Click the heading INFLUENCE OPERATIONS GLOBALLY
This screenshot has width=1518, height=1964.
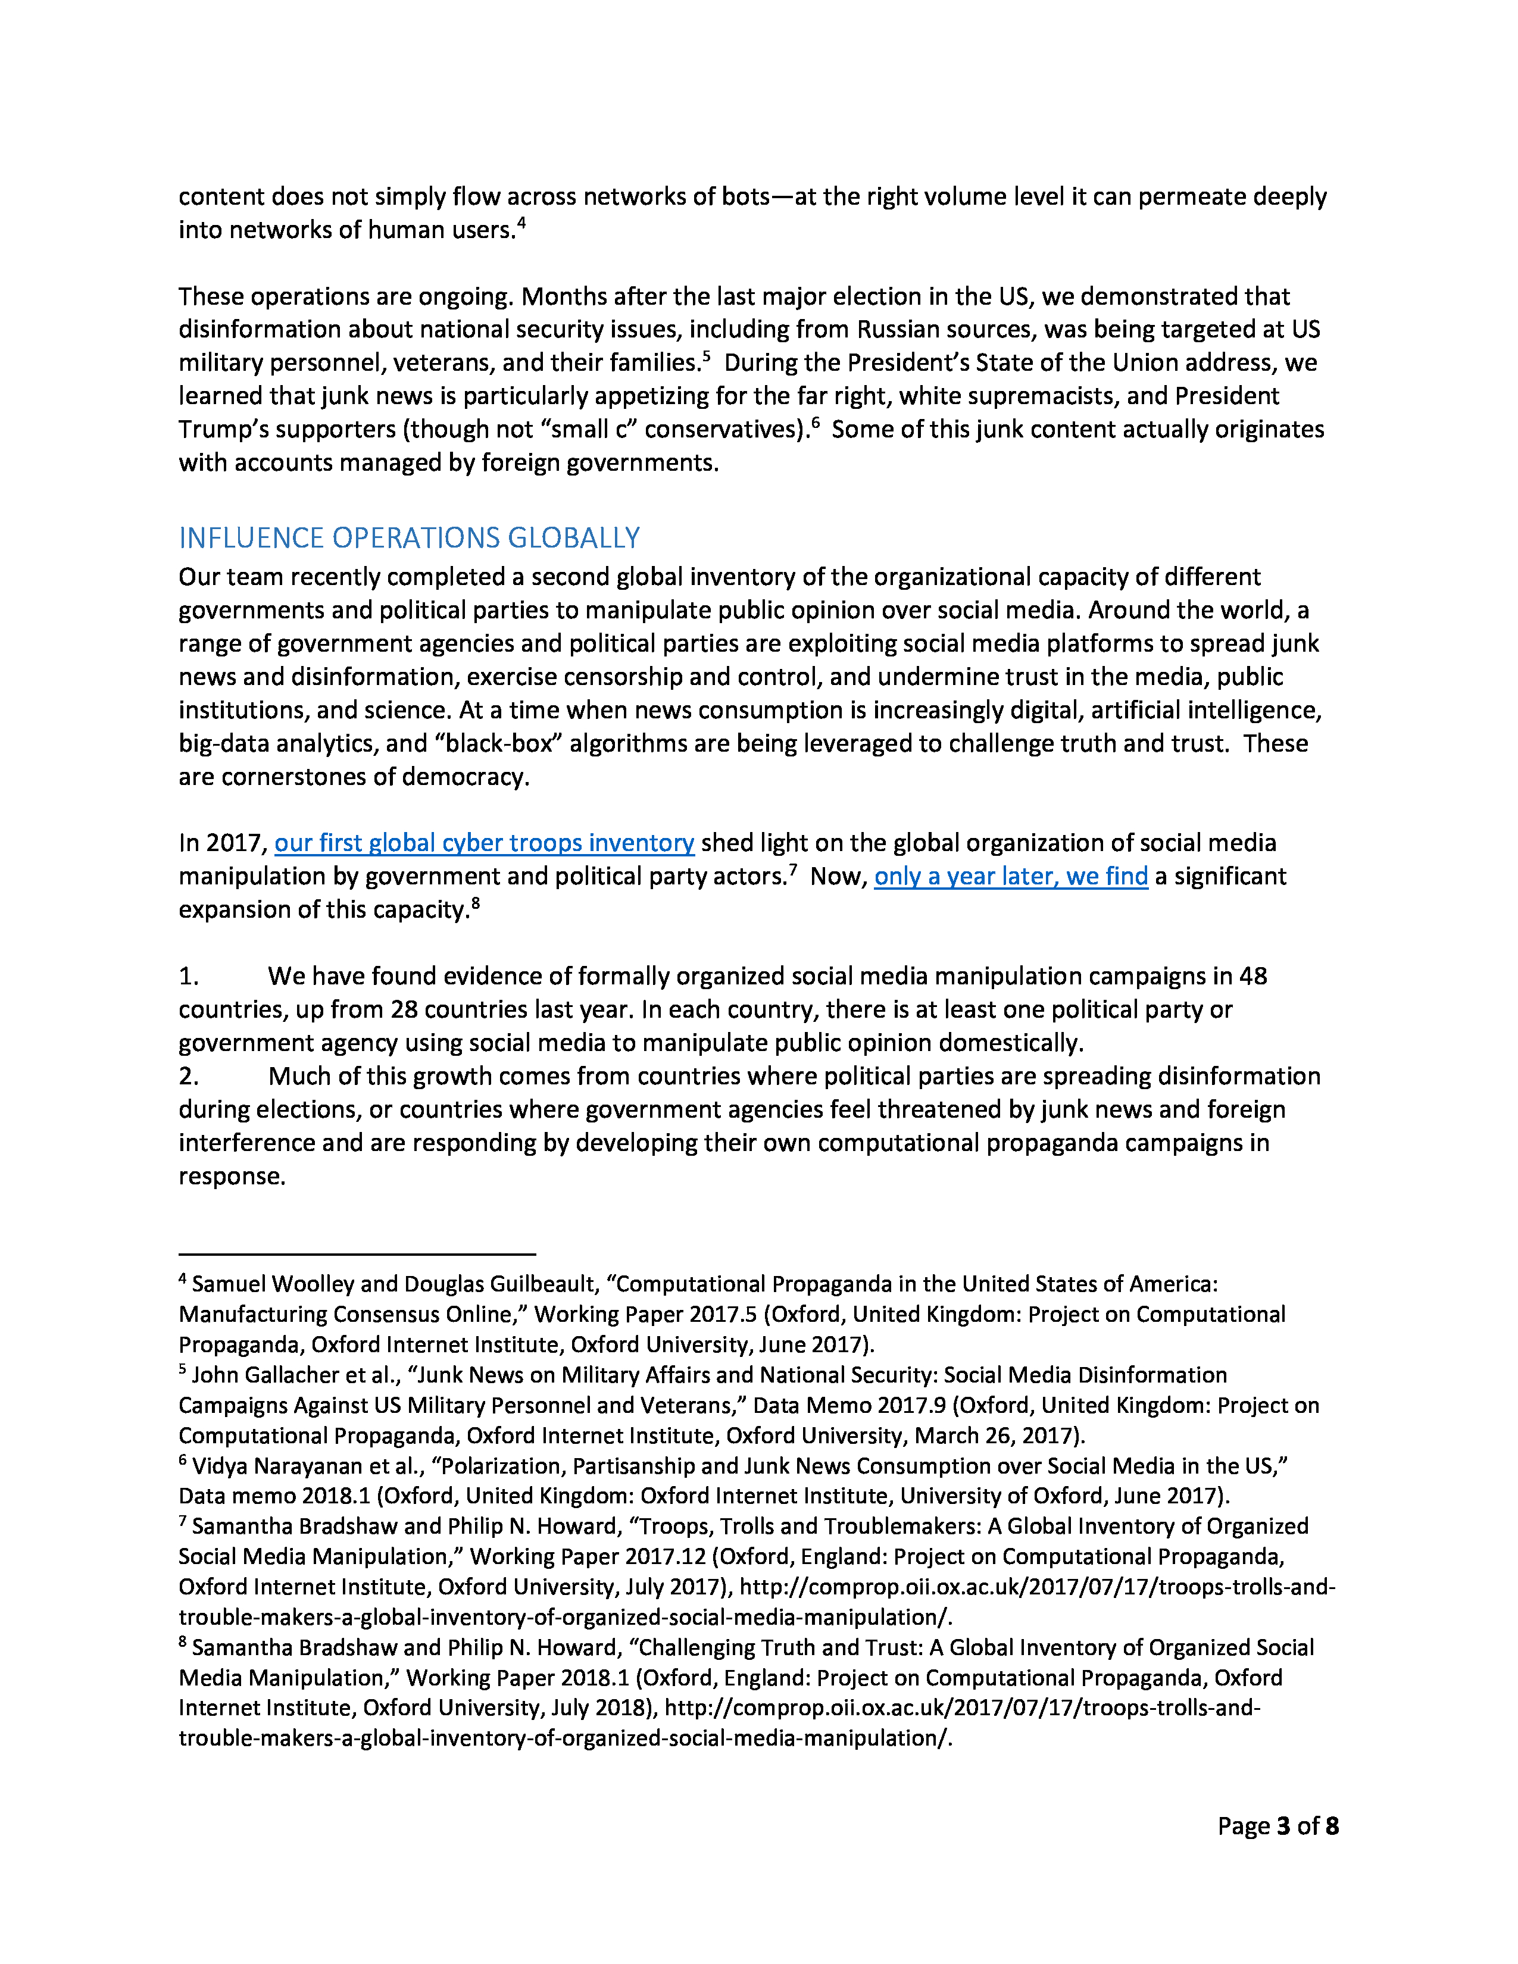tap(409, 538)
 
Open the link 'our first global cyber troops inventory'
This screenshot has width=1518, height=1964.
tap(484, 843)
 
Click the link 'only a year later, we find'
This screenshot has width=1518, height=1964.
tap(1011, 876)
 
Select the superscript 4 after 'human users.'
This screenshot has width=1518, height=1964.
tap(521, 222)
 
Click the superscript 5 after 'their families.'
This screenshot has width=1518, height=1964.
tap(707, 355)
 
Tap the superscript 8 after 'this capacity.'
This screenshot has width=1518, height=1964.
tap(476, 902)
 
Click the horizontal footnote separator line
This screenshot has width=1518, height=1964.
tap(357, 1253)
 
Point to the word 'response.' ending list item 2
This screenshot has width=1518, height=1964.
tap(232, 1176)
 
